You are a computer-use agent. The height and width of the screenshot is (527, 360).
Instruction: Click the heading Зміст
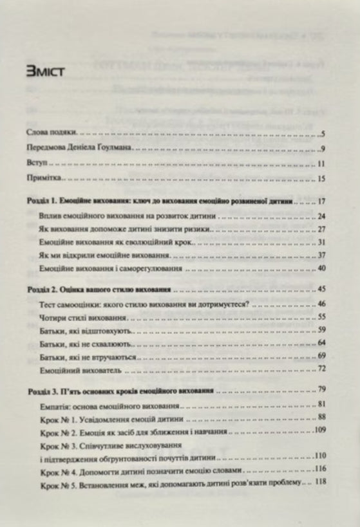[44, 71]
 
